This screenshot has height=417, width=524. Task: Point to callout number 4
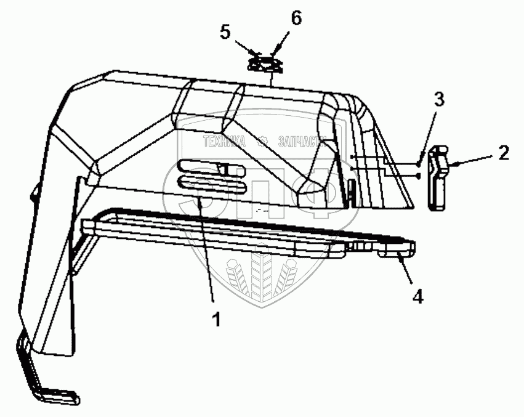pos(417,297)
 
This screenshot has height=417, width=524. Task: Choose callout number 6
pos(296,18)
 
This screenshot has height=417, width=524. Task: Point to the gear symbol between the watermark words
pos(263,140)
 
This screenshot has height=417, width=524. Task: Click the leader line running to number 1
pos(207,246)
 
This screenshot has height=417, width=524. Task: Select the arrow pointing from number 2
pos(471,163)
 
